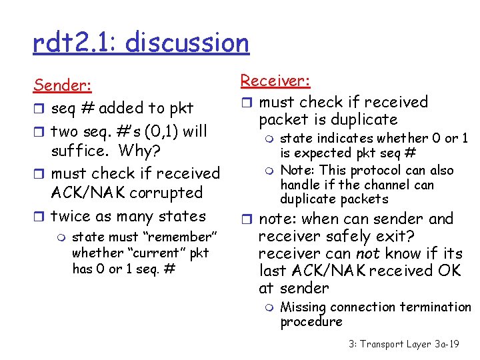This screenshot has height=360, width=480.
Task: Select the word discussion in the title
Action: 187,43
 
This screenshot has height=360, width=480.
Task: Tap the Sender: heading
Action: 63,85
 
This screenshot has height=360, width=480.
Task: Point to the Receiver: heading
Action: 275,81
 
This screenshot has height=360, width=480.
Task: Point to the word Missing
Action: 303,307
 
